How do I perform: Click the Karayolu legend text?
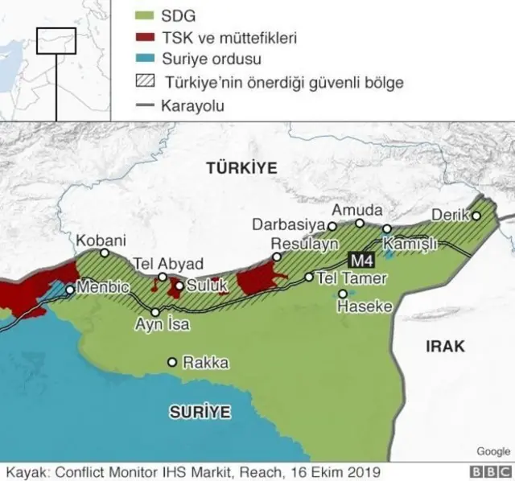(x=193, y=105)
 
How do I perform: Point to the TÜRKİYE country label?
(x=241, y=168)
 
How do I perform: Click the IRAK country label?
(x=444, y=346)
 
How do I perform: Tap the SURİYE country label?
(x=200, y=413)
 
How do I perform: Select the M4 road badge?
(x=359, y=260)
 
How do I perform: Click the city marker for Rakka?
(x=171, y=363)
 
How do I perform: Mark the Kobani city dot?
(x=105, y=253)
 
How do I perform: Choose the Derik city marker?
(x=476, y=216)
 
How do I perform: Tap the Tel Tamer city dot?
(x=309, y=277)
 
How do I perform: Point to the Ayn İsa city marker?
(x=155, y=312)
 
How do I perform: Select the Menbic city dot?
(x=71, y=290)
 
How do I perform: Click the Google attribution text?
(x=492, y=451)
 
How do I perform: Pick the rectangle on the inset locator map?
(x=56, y=40)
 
